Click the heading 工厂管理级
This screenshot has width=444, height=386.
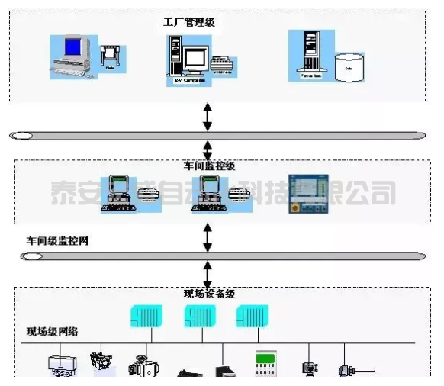(188, 22)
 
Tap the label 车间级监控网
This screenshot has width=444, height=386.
(58, 241)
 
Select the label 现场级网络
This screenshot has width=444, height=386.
(53, 331)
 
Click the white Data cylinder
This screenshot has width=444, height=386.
(349, 66)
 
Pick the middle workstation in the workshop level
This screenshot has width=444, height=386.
(209, 193)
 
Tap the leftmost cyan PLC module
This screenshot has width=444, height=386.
(146, 315)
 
